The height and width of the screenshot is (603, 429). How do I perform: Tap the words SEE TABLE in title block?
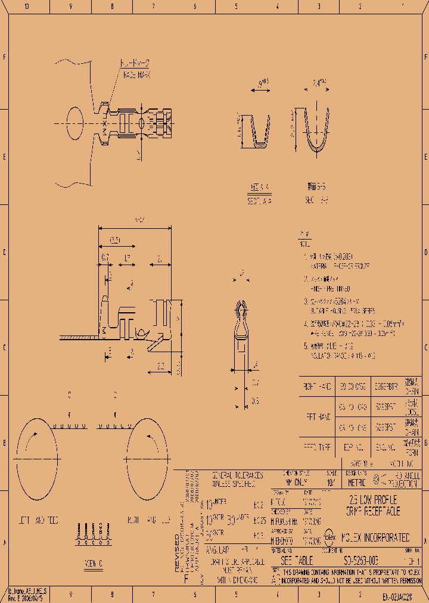pyautogui.click(x=296, y=561)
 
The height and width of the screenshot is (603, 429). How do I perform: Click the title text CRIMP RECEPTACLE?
pyautogui.click(x=373, y=511)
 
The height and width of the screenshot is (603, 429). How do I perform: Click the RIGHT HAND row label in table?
pyautogui.click(x=317, y=387)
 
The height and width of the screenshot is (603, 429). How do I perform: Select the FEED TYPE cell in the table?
pyautogui.click(x=317, y=445)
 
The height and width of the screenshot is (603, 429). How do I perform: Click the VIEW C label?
pyautogui.click(x=94, y=562)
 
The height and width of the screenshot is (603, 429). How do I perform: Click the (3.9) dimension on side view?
pyautogui.click(x=116, y=241)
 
